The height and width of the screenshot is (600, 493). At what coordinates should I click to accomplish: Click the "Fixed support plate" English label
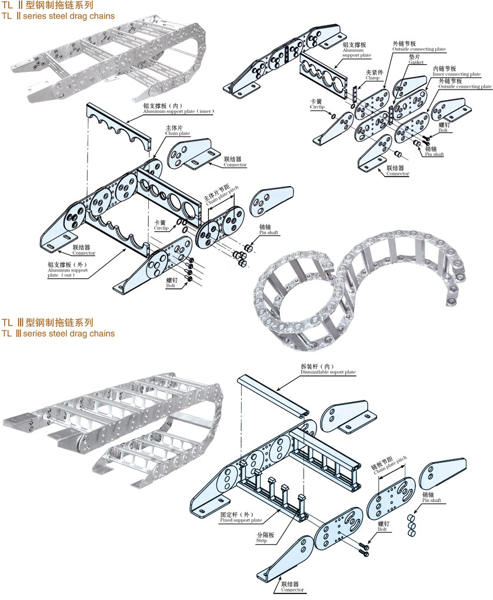click(x=241, y=521)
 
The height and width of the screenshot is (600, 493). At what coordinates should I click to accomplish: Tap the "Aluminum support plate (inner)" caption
click(x=179, y=111)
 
